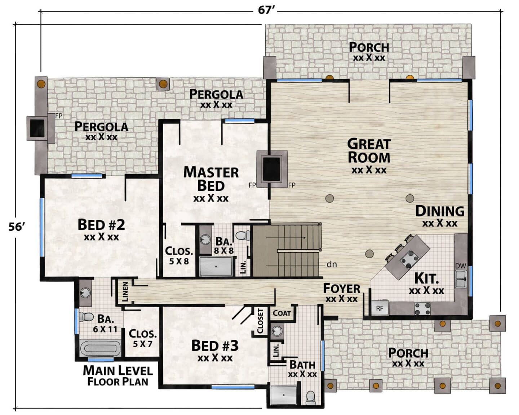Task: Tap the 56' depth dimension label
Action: (x=17, y=227)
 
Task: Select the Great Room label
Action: (x=369, y=151)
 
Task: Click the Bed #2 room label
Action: (x=101, y=225)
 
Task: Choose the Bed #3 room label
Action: (x=215, y=346)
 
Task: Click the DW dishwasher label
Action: (x=460, y=266)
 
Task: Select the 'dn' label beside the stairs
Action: (x=332, y=265)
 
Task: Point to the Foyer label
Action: (x=342, y=289)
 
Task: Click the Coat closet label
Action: (x=282, y=313)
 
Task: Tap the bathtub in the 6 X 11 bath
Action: (x=101, y=348)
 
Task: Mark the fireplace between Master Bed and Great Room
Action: (x=272, y=169)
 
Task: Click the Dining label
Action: (x=440, y=211)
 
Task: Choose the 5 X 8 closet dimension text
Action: (x=179, y=261)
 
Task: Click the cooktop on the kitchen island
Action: (x=409, y=259)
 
